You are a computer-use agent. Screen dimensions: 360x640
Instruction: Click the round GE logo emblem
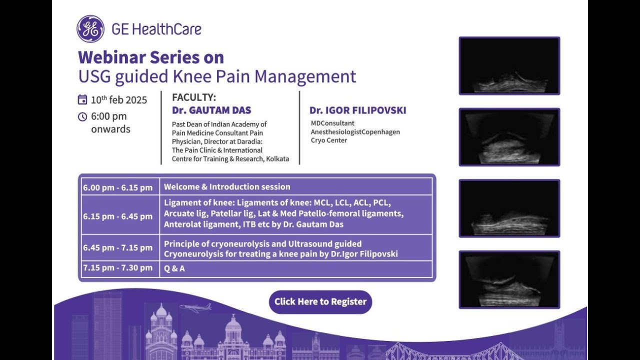click(x=90, y=28)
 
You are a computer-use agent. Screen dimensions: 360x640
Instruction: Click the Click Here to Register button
click(x=320, y=302)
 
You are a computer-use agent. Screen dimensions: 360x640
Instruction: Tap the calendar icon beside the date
click(x=82, y=99)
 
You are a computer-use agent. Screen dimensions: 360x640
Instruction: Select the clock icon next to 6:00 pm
click(x=82, y=116)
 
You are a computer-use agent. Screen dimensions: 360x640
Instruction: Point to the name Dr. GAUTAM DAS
click(x=211, y=110)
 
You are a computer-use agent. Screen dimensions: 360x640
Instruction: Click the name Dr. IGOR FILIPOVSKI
click(x=357, y=110)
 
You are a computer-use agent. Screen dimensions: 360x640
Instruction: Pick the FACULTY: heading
click(x=194, y=97)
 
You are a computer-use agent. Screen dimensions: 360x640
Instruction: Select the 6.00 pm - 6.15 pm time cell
click(x=118, y=187)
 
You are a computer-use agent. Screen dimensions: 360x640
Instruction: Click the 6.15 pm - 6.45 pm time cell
click(x=118, y=216)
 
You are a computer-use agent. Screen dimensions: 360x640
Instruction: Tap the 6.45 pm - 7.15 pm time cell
click(x=118, y=248)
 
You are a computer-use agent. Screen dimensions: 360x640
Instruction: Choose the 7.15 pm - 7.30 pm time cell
click(x=118, y=268)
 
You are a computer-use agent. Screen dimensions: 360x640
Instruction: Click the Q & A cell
click(x=174, y=268)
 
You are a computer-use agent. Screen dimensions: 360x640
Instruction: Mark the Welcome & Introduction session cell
click(x=227, y=187)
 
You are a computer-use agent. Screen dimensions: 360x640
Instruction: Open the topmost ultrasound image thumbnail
click(x=509, y=65)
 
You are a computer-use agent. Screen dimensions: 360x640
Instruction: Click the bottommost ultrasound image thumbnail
click(x=509, y=279)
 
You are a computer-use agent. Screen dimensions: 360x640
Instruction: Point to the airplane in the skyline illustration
click(x=195, y=307)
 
